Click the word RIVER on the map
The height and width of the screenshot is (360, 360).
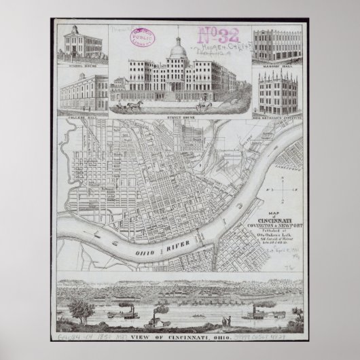click(x=167, y=253)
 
